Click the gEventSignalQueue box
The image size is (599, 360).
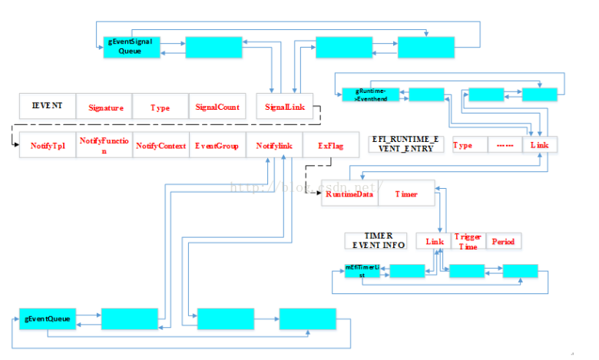tap(130, 48)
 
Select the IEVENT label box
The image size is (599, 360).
tap(47, 106)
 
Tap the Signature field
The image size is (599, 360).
tap(105, 107)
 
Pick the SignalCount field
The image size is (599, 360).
tap(217, 107)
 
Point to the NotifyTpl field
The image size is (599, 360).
tap(47, 145)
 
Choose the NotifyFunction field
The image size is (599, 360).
tap(104, 145)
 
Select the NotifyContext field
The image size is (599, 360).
tap(161, 145)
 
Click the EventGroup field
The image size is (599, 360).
tap(217, 145)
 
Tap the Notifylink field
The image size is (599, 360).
tap(274, 145)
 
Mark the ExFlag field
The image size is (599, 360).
tap(330, 145)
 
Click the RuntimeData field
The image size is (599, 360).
tap(349, 194)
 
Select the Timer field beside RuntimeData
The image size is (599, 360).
tap(406, 194)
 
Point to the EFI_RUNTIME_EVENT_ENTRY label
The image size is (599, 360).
tap(407, 144)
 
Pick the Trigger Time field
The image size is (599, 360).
tap(467, 241)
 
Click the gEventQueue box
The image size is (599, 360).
tap(48, 318)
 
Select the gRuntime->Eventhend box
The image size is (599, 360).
tap(370, 95)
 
